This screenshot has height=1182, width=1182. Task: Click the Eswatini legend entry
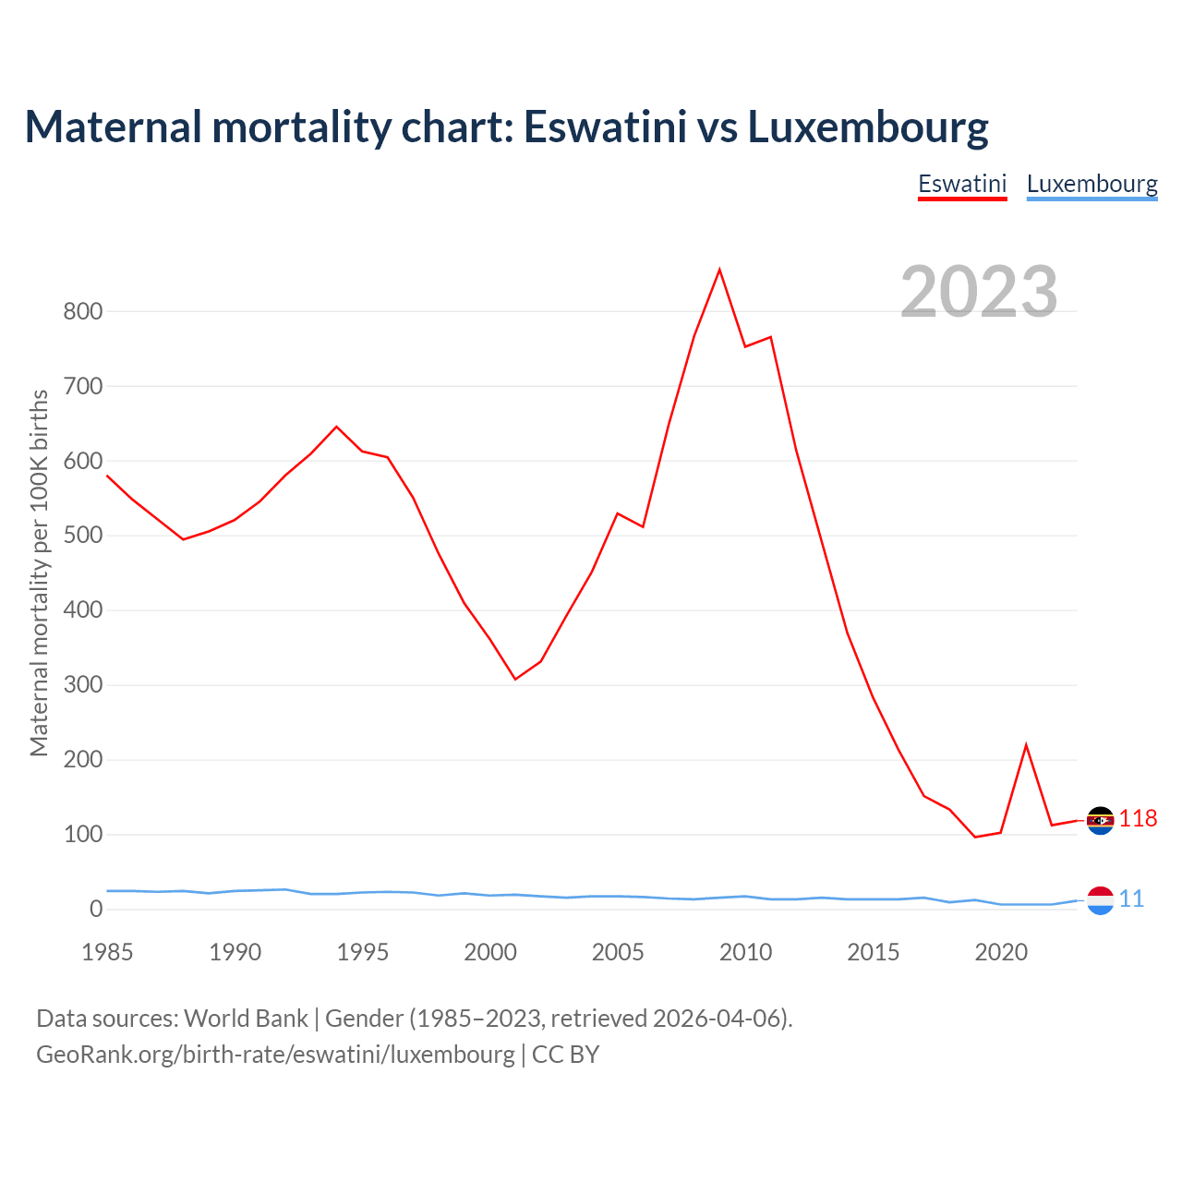point(961,184)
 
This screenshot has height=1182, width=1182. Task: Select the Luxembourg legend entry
point(1092,184)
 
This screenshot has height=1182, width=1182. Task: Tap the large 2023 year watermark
point(979,291)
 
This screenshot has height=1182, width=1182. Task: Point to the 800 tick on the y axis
point(82,312)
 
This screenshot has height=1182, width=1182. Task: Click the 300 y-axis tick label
point(82,686)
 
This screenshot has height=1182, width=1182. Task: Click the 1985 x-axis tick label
point(107,952)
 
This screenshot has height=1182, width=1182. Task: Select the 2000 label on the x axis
point(489,952)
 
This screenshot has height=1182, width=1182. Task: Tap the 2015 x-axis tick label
point(873,952)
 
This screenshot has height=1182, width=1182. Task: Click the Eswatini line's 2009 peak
point(719,270)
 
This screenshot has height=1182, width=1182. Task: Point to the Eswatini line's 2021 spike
point(1026,745)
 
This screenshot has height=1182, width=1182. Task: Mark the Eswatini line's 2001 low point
point(515,679)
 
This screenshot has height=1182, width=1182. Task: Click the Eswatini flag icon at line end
point(1100,820)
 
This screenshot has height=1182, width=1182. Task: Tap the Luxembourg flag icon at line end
point(1100,899)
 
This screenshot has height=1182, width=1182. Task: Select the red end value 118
point(1139,819)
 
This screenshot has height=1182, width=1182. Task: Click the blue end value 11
point(1131,899)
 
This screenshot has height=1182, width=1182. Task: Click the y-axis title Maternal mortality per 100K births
point(39,573)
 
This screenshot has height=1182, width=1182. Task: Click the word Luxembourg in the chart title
point(868,127)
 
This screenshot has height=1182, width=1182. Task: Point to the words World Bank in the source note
point(246,1019)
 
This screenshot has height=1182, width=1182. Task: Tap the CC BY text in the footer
point(565,1055)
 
